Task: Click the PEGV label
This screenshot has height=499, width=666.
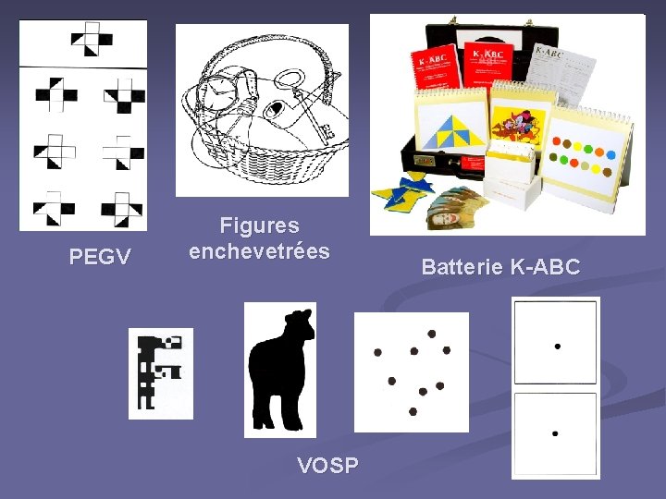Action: tap(100, 257)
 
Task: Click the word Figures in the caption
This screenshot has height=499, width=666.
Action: tap(259, 225)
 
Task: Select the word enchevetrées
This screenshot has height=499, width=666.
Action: tap(259, 251)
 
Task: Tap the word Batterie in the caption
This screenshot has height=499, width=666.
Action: tap(462, 268)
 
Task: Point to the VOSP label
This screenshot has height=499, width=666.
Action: tap(327, 465)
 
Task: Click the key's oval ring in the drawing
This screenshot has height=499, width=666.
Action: tap(292, 80)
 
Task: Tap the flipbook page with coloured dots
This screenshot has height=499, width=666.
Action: tap(588, 152)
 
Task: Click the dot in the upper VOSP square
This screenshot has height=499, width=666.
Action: tap(557, 347)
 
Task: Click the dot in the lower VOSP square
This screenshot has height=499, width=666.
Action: tap(554, 432)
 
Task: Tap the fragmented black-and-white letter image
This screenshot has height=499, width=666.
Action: tap(159, 372)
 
